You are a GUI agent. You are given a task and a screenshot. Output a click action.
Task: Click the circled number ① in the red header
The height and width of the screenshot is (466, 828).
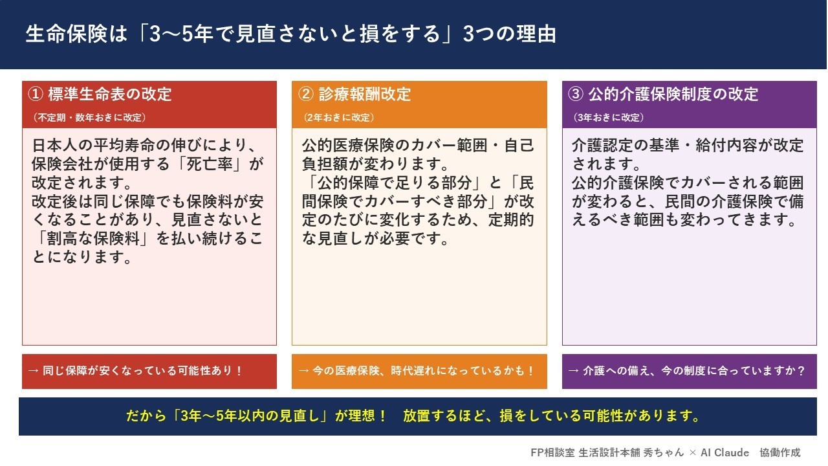[36, 94]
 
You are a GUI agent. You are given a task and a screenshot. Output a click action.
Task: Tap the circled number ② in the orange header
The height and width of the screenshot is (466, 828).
[306, 94]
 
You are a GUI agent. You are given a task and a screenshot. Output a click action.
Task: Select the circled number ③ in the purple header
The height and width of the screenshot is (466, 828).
[576, 94]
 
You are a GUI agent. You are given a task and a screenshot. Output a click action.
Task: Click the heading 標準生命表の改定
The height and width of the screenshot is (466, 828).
[110, 94]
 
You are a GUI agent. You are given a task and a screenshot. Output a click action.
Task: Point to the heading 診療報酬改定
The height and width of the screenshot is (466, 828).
[364, 94]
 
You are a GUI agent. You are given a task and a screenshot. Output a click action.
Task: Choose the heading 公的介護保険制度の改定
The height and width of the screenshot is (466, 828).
[673, 94]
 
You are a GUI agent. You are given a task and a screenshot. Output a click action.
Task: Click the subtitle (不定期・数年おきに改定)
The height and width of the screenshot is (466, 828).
[89, 118]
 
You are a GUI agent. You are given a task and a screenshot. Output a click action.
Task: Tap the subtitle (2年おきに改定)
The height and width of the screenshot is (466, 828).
[338, 118]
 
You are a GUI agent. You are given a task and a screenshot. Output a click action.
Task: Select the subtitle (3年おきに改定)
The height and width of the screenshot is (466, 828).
[609, 118]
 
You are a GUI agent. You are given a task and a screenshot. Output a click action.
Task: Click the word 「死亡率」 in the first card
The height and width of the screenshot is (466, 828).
[210, 164]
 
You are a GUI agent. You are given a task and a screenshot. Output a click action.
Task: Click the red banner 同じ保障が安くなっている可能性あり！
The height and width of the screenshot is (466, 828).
[149, 371]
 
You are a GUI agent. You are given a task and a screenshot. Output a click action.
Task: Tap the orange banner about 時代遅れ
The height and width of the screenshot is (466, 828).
[419, 371]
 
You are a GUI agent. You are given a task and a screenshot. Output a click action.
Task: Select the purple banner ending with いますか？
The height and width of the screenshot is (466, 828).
[690, 371]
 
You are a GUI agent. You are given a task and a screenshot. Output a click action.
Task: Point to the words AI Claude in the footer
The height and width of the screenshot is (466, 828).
[725, 452]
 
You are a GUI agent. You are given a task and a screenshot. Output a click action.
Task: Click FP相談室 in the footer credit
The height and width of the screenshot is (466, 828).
[552, 452]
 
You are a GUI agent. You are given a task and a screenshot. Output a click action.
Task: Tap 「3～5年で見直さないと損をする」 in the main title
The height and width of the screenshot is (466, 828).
[294, 34]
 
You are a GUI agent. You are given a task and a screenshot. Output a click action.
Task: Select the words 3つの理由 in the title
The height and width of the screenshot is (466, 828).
[510, 34]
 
